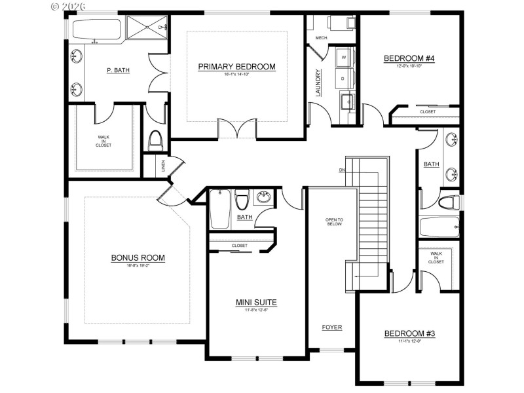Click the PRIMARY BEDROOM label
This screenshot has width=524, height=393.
point(236,67)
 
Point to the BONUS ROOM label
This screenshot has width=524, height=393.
point(138,257)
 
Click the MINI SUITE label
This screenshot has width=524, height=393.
point(256,302)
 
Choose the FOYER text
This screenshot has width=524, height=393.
point(331,327)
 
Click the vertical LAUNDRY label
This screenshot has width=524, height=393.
point(318,83)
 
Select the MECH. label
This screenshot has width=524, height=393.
point(321,38)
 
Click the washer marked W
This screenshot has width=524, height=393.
point(344,58)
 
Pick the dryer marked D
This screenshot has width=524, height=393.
point(344,79)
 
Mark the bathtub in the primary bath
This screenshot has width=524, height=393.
point(96,29)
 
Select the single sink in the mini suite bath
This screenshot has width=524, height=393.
point(265,197)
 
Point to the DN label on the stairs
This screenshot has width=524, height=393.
point(341,171)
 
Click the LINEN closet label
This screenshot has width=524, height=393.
point(163,167)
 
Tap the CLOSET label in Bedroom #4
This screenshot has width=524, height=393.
point(427,111)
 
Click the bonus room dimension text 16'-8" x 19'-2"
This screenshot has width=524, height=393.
point(138,265)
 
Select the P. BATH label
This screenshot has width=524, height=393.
point(118,71)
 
